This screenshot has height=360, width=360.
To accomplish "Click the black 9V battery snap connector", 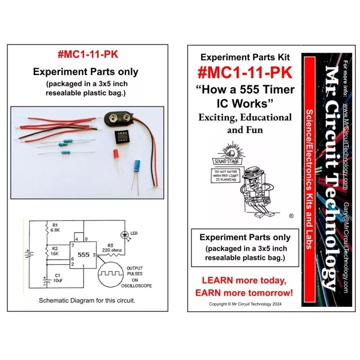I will [x=118, y=118].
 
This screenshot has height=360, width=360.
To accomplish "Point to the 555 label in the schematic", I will [x=84, y=254].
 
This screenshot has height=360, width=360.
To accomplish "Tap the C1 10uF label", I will [x=57, y=278].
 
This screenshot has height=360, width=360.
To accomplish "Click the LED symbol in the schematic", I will [x=125, y=234].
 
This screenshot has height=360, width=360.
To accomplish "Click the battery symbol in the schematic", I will [x=30, y=255].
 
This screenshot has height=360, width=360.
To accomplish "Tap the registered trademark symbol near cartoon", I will [x=291, y=216].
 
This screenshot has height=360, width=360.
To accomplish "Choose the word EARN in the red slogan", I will [x=211, y=293].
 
